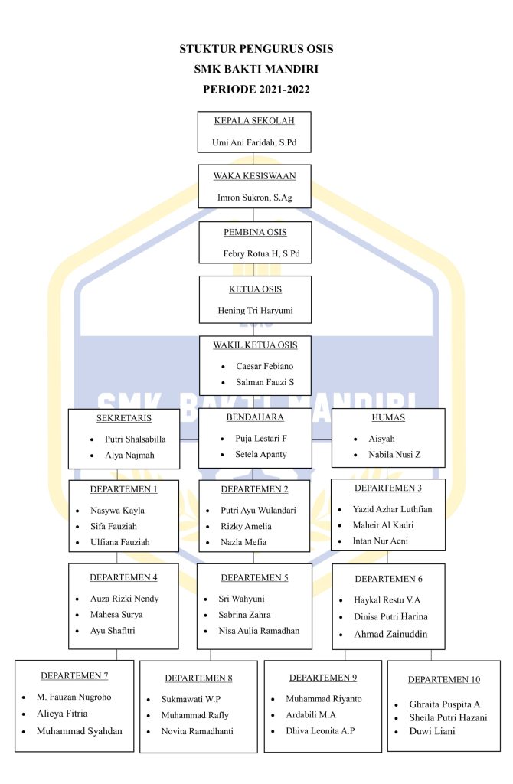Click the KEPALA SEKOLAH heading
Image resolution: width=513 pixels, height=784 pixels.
pyautogui.click(x=254, y=120)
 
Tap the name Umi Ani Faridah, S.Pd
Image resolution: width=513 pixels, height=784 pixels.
pyautogui.click(x=254, y=143)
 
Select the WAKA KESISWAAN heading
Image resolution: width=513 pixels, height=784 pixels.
pyautogui.click(x=254, y=175)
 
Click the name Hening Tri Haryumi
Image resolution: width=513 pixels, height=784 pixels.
pyautogui.click(x=255, y=311)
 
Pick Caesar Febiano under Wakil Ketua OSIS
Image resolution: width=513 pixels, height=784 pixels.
pyautogui.click(x=264, y=366)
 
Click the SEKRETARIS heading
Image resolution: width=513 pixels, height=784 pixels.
pyautogui.click(x=124, y=419)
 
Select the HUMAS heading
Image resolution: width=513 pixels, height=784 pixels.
pyautogui.click(x=387, y=418)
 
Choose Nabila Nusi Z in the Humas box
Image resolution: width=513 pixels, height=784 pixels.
pyautogui.click(x=395, y=454)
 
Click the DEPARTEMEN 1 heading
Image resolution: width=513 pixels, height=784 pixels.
pyautogui.click(x=124, y=488)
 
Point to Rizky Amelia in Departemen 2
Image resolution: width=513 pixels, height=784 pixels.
pyautogui.click(x=247, y=526)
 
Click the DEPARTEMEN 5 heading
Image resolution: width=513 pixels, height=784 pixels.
pyautogui.click(x=255, y=577)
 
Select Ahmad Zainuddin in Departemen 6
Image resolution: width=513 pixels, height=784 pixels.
pyautogui.click(x=390, y=634)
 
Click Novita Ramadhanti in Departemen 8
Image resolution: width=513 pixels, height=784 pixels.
pyautogui.click(x=197, y=731)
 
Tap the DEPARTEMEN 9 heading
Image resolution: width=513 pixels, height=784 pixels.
pyautogui.click(x=323, y=678)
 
